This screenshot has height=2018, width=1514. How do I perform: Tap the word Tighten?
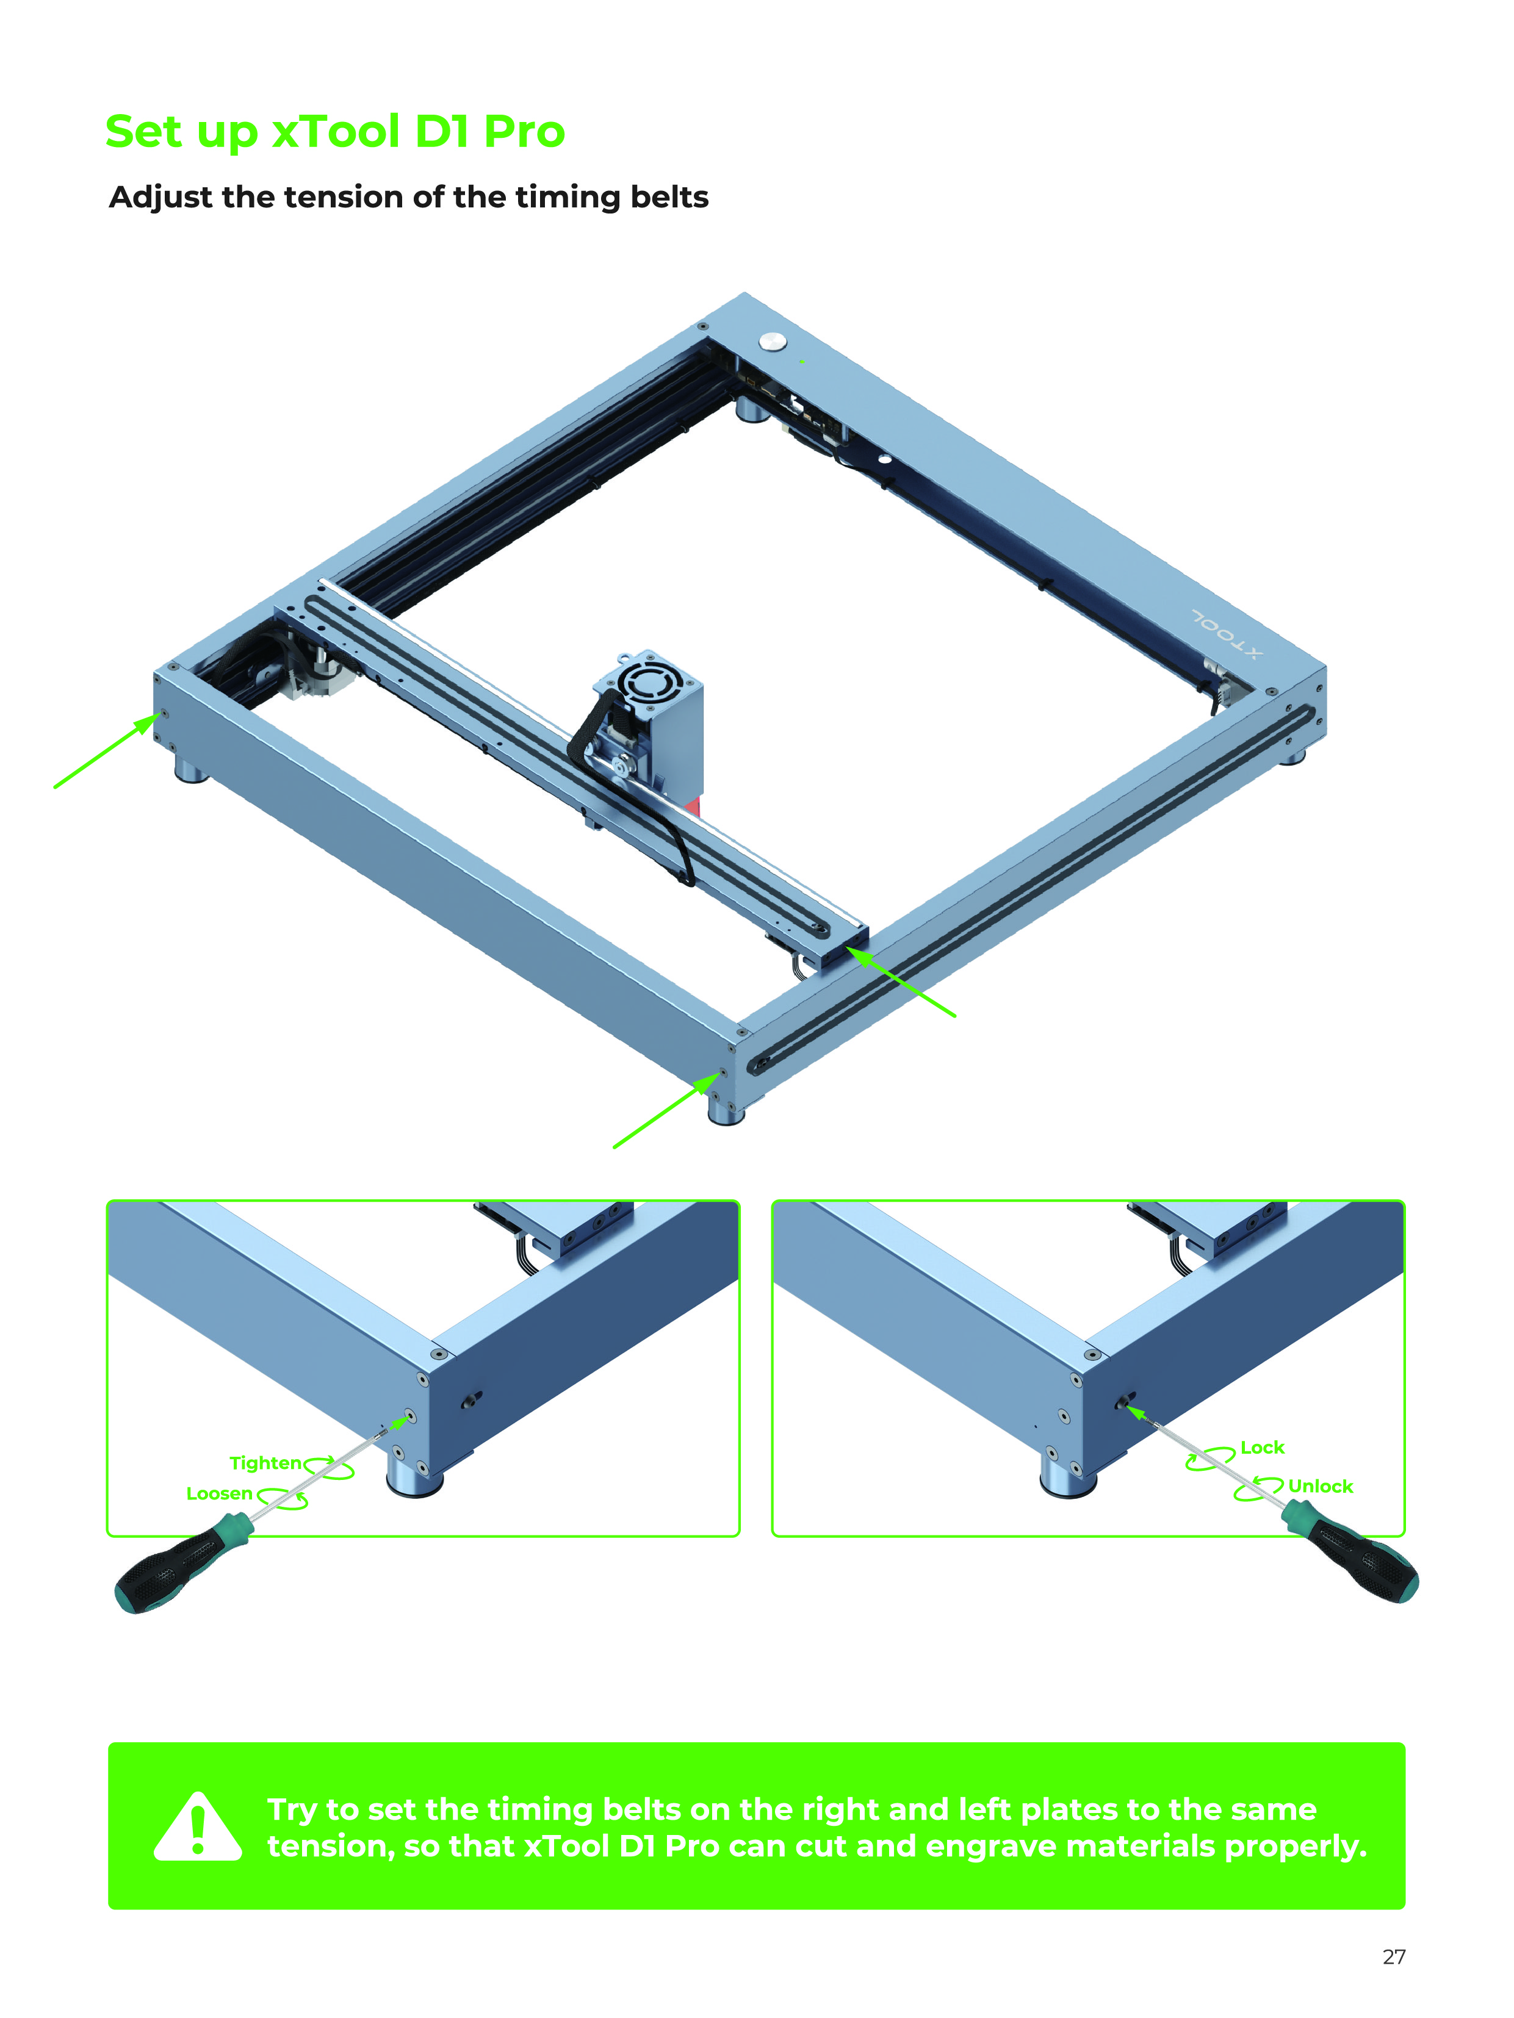pos(265,1463)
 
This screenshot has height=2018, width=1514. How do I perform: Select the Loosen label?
pos(219,1493)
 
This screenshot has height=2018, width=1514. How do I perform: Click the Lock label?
pos(1262,1448)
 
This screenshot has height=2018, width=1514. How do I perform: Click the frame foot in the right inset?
pos(1069,1474)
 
